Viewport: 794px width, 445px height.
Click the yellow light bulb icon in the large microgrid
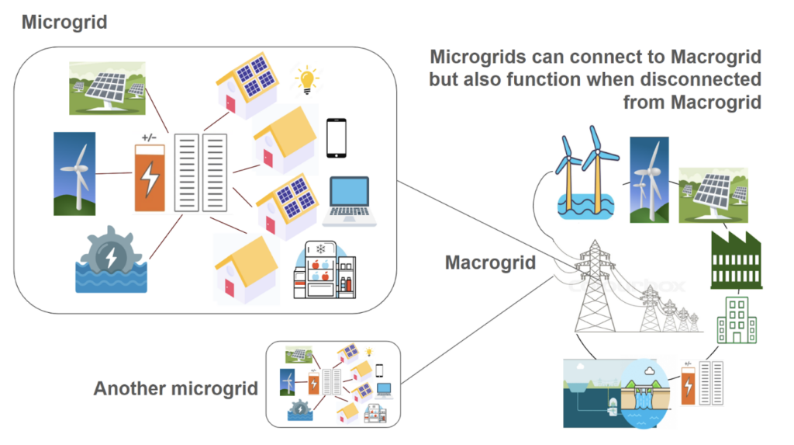click(x=307, y=78)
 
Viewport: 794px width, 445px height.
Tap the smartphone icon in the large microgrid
click(x=336, y=138)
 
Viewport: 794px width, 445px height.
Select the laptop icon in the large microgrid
click(x=349, y=200)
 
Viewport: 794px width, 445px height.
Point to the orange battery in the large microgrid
click(x=150, y=178)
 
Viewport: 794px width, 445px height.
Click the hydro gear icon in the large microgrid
click(x=110, y=260)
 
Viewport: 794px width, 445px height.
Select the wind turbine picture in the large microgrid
click(x=74, y=172)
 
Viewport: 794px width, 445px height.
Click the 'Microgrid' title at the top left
click(x=64, y=22)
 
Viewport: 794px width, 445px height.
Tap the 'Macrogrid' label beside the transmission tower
click(x=490, y=262)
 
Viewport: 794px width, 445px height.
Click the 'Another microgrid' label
click(x=175, y=388)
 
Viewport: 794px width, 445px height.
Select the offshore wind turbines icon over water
click(x=583, y=175)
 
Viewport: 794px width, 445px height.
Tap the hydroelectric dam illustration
click(x=620, y=392)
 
